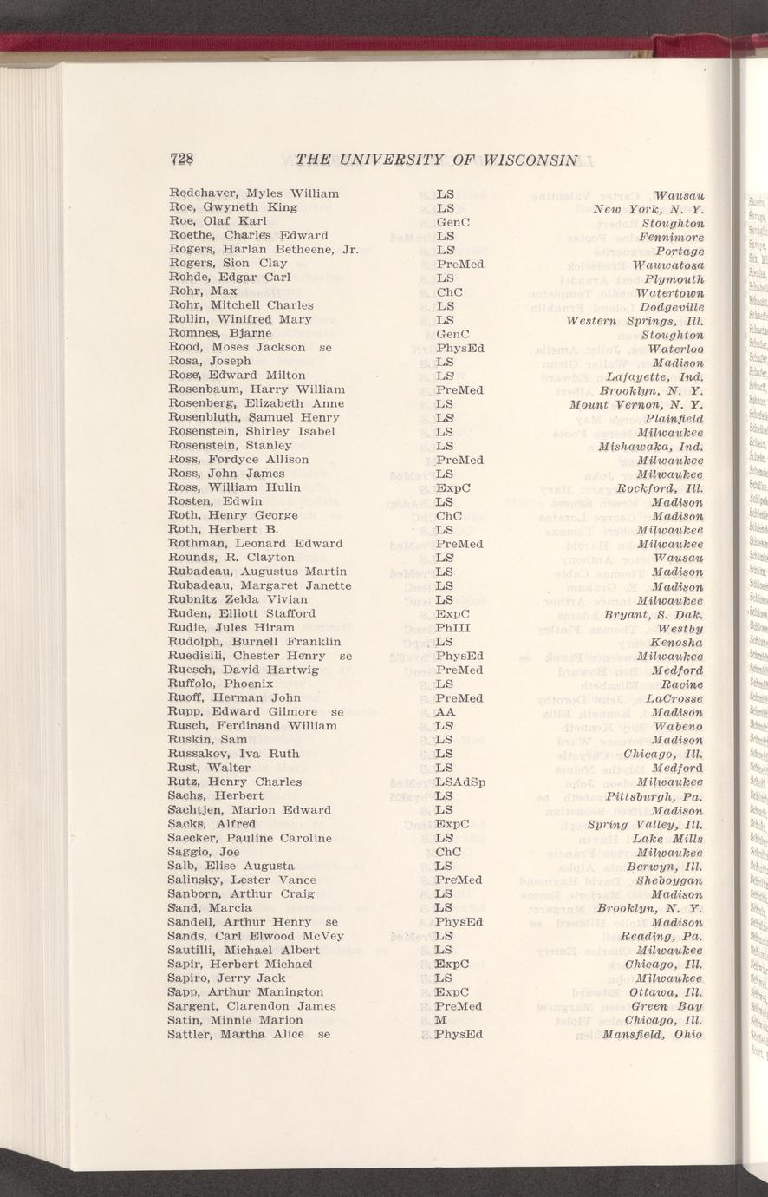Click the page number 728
182,159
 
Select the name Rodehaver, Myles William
254,193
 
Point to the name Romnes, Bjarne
220,333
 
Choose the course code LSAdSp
460,782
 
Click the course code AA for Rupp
446,711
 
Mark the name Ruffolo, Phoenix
221,684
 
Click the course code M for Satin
440,1020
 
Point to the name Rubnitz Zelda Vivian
238,599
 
